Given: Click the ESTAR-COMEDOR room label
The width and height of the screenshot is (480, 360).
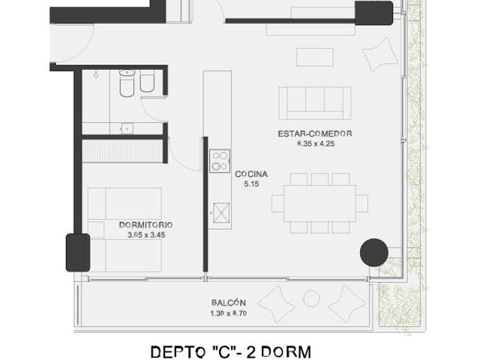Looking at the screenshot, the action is [x=315, y=133].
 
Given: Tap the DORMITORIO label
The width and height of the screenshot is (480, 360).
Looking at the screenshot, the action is [x=145, y=225].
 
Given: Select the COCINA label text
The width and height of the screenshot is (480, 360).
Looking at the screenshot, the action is [x=251, y=174].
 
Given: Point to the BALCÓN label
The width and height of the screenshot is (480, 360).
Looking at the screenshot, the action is [x=229, y=303].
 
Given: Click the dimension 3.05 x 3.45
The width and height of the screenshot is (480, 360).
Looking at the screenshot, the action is [x=146, y=235].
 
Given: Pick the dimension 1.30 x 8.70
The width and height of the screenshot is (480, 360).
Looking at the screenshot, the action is [x=229, y=313].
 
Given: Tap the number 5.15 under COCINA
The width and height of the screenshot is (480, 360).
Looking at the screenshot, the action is [x=251, y=184].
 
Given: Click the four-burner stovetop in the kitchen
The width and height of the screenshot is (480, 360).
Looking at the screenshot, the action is [x=220, y=161].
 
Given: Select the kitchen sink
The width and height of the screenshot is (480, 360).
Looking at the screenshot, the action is [x=221, y=212].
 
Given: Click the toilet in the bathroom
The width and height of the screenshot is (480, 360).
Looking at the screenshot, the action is [x=127, y=83].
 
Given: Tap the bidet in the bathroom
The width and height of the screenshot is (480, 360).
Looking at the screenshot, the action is [x=147, y=82].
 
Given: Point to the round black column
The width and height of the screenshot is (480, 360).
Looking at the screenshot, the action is [x=374, y=253].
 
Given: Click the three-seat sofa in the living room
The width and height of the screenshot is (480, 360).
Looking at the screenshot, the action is [x=315, y=103].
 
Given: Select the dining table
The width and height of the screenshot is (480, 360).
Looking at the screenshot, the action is [x=320, y=203].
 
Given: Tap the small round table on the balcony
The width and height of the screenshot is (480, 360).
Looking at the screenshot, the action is [x=311, y=298].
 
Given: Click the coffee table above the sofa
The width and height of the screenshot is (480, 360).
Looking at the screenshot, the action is [x=315, y=57].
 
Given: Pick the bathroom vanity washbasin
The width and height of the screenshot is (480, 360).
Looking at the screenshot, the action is [x=127, y=128].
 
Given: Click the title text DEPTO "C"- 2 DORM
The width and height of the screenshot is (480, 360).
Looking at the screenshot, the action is [x=231, y=352].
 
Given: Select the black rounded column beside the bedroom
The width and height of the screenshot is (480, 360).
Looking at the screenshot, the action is [x=78, y=253].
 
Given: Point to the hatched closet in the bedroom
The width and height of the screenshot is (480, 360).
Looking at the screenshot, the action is [x=122, y=151].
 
